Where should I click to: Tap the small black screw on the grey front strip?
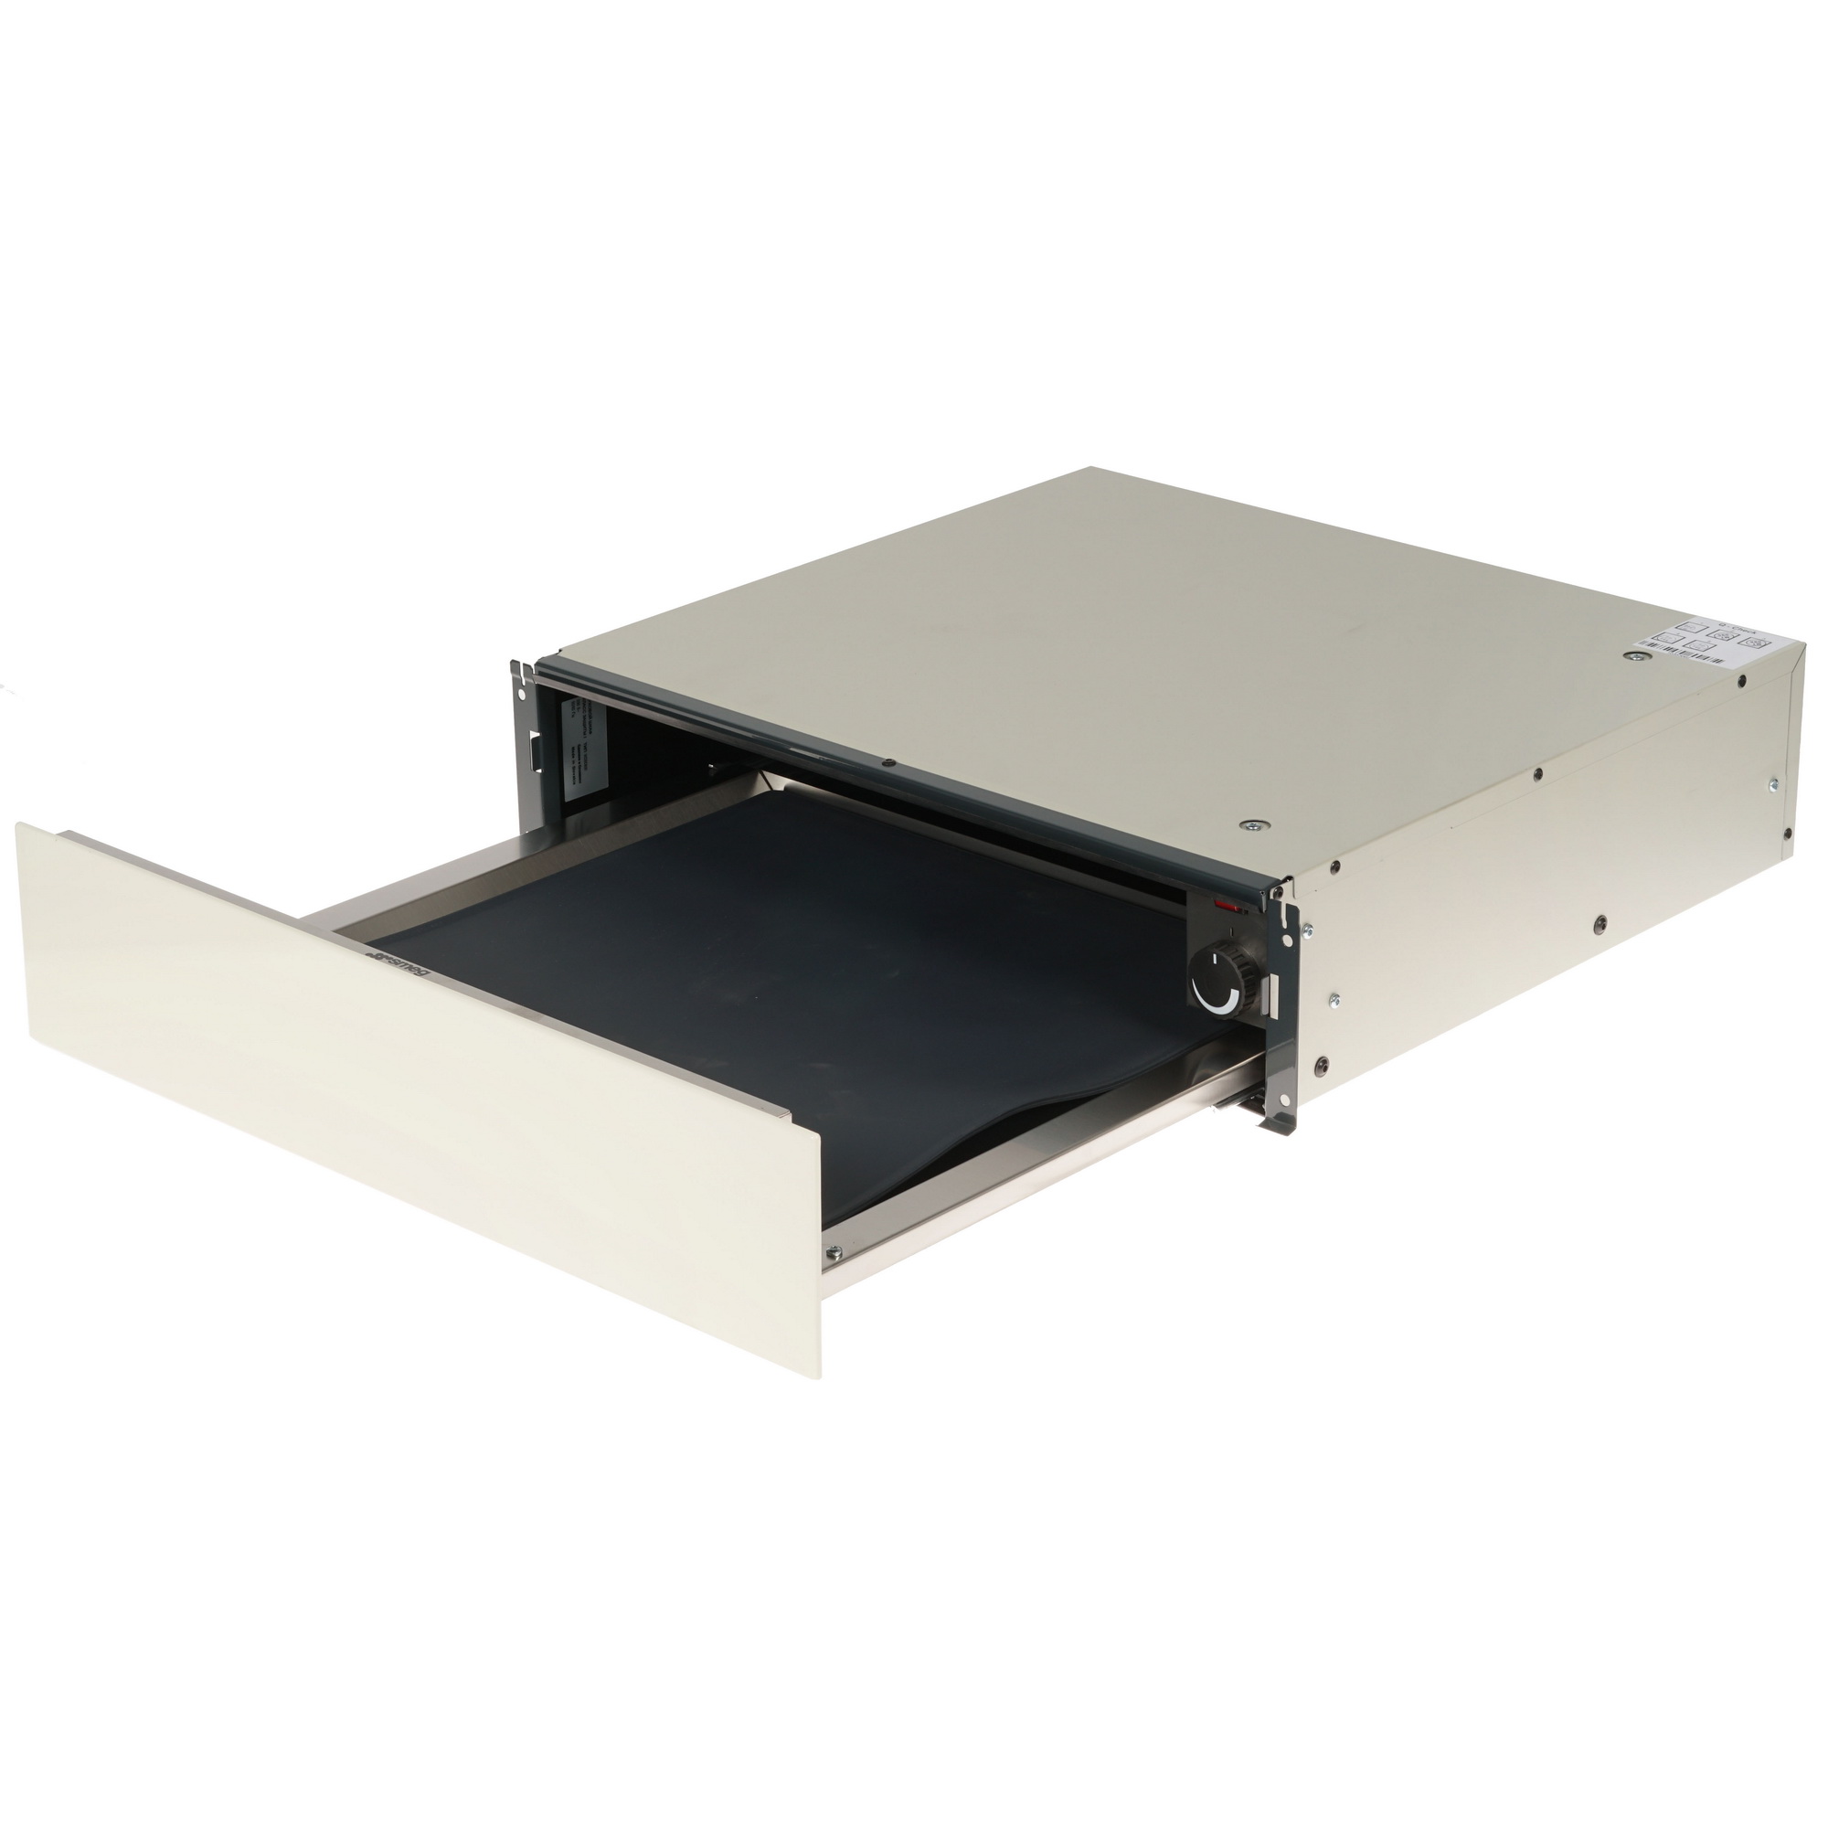click(887, 761)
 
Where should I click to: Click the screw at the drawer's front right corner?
click(834, 1254)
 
